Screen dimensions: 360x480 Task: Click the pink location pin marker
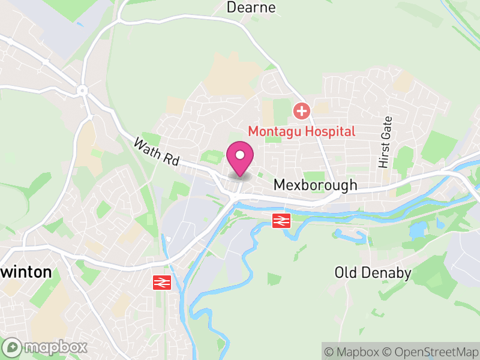(240, 157)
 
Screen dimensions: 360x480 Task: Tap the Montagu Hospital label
(302, 131)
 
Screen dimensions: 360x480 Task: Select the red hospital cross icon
(301, 110)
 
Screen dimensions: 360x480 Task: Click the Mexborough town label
(315, 185)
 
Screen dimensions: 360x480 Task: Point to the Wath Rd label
(156, 152)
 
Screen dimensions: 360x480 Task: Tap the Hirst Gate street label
(384, 142)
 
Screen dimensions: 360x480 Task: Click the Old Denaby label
(373, 274)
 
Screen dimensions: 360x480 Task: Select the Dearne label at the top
(251, 7)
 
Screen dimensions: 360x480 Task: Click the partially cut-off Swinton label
(25, 272)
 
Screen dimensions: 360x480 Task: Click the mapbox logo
(45, 347)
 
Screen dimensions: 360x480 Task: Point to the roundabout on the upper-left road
(82, 91)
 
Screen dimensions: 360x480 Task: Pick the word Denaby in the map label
(388, 274)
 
